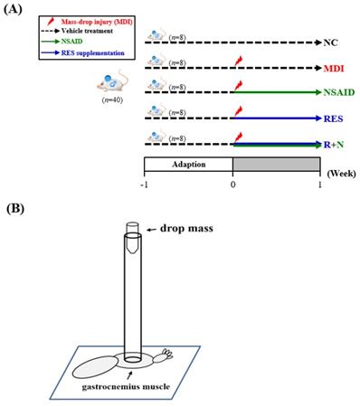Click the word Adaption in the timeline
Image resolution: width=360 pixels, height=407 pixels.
point(188,165)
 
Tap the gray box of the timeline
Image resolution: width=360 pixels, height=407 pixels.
point(276,165)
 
